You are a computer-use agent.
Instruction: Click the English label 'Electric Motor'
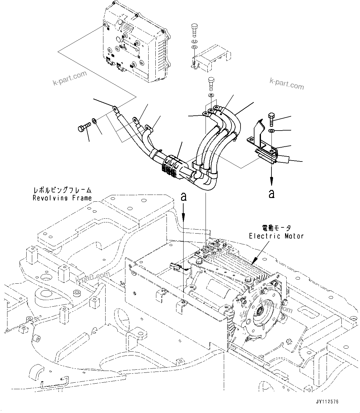pyautogui.click(x=276, y=236)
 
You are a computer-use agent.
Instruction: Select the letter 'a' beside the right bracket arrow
pyautogui.click(x=272, y=194)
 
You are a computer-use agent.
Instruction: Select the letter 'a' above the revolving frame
pyautogui.click(x=184, y=197)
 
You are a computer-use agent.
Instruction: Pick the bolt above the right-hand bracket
pyautogui.click(x=271, y=118)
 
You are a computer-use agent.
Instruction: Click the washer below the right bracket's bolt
pyautogui.click(x=271, y=131)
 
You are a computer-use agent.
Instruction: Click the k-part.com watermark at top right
pyautogui.click(x=286, y=84)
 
